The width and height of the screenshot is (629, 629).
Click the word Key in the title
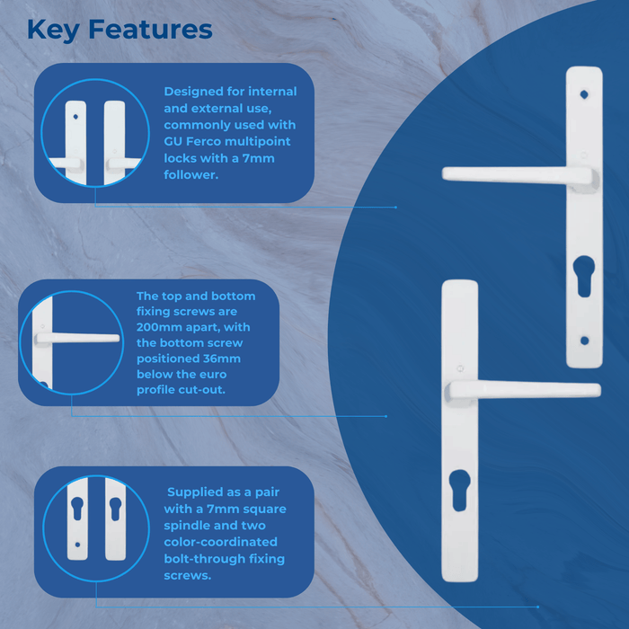pos(56,29)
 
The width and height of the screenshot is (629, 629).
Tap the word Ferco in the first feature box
pos(209,141)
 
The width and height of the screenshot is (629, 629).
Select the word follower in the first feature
pos(191,174)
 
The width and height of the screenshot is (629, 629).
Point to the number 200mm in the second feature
pos(163,327)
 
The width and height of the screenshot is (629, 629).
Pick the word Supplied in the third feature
pos(198,492)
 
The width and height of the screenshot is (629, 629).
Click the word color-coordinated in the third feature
pos(221,542)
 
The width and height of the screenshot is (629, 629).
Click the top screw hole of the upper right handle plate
pos(584,93)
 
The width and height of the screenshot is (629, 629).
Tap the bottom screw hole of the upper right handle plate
pos(584,341)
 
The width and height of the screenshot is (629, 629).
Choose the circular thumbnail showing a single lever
pos(71,342)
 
